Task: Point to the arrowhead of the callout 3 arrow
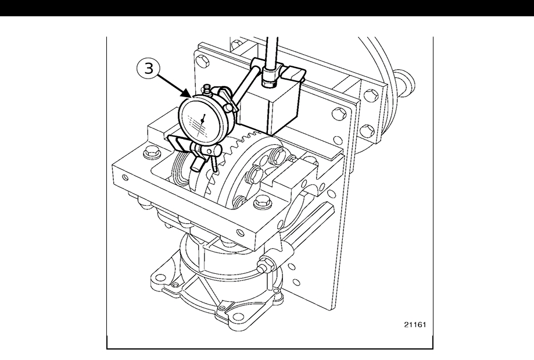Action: point(190,97)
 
